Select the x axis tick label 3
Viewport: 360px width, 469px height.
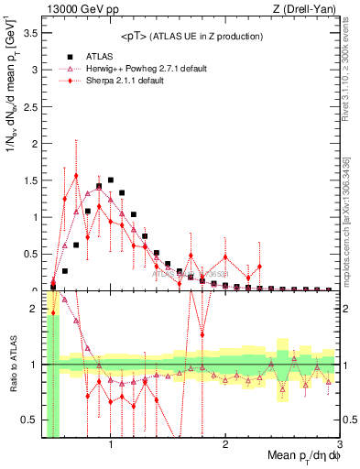point(340,444)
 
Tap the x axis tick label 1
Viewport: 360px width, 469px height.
point(111,444)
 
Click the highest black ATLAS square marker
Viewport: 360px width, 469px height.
point(110,180)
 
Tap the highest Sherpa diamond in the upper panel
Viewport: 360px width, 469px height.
point(76,176)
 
